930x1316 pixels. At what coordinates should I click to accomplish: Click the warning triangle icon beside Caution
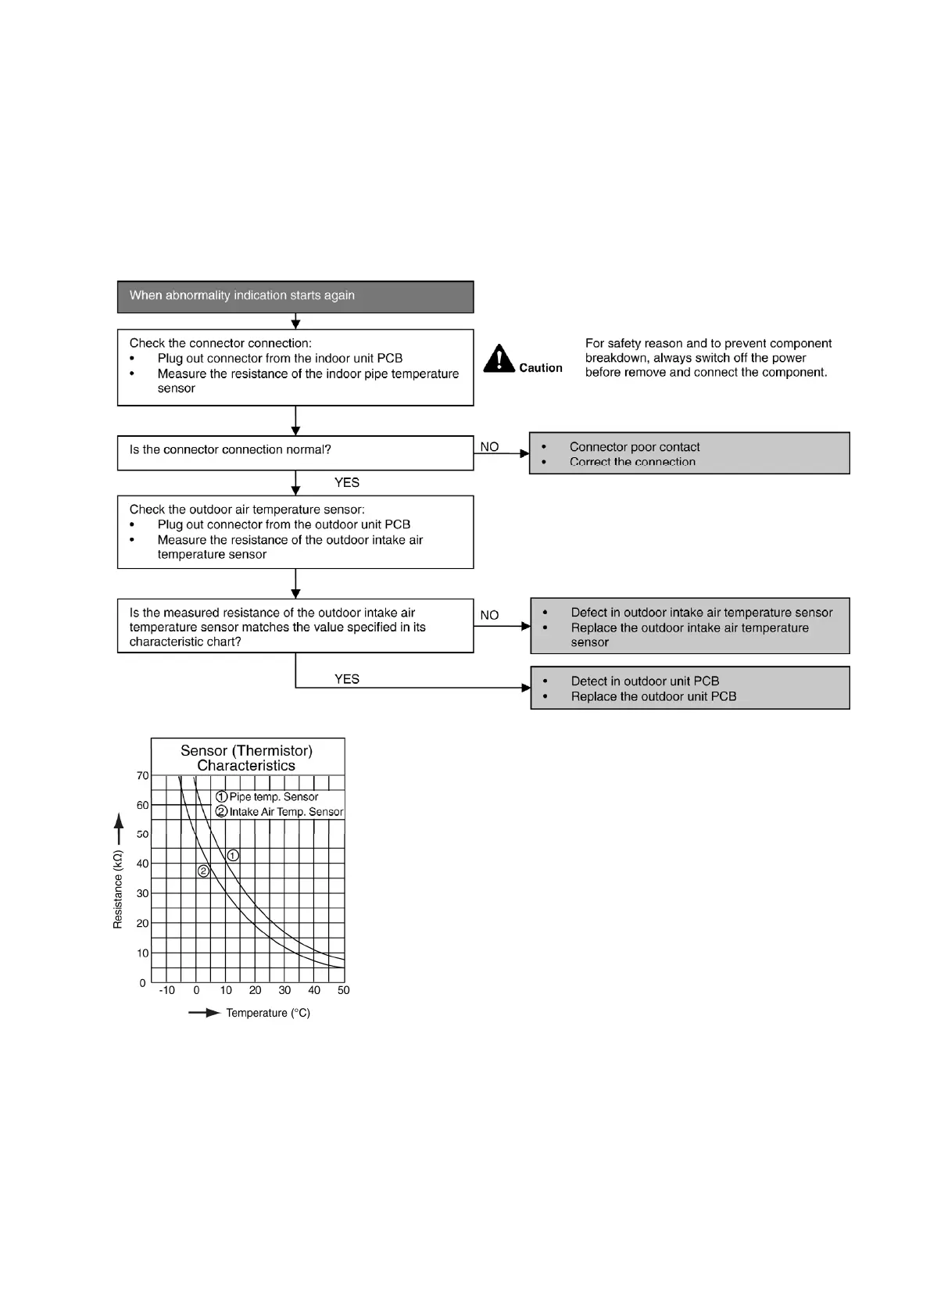pyautogui.click(x=499, y=359)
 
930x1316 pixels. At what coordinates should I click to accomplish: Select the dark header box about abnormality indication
pyautogui.click(x=295, y=296)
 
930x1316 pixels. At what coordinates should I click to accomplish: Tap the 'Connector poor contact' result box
pyautogui.click(x=689, y=453)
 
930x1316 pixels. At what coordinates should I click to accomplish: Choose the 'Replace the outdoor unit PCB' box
pyautogui.click(x=689, y=688)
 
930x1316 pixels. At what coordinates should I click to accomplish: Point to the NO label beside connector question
pyautogui.click(x=489, y=447)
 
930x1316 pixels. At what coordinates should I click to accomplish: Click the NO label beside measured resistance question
pyautogui.click(x=489, y=615)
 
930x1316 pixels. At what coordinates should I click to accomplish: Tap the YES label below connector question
pyautogui.click(x=347, y=483)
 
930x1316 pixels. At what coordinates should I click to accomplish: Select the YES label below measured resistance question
pyautogui.click(x=347, y=679)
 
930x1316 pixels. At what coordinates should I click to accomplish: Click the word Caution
pyautogui.click(x=540, y=368)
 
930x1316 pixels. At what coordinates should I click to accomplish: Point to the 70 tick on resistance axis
pyautogui.click(x=142, y=776)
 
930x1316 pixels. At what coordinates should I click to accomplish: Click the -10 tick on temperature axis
pyautogui.click(x=166, y=990)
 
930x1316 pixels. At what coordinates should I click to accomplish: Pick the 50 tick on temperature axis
pyautogui.click(x=344, y=990)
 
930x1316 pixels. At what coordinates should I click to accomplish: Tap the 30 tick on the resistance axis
pyautogui.click(x=142, y=893)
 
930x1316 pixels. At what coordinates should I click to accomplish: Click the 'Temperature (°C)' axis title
pyautogui.click(x=268, y=1013)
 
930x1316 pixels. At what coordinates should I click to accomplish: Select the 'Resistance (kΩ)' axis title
pyautogui.click(x=118, y=889)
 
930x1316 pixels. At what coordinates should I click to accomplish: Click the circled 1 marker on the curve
pyautogui.click(x=233, y=856)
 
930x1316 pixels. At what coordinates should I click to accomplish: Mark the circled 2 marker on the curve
pyautogui.click(x=203, y=871)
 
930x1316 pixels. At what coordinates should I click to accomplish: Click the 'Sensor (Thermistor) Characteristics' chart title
pyautogui.click(x=246, y=758)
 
